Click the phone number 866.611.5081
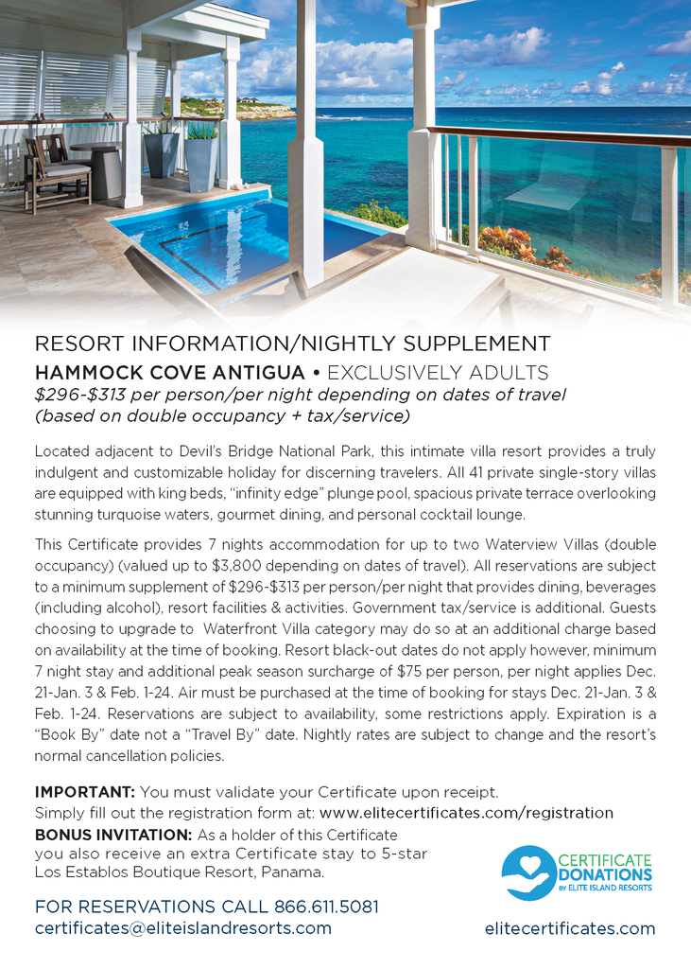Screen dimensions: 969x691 tap(326, 907)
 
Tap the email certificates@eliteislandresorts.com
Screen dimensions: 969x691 tap(183, 928)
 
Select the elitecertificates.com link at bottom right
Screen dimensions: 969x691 tap(570, 928)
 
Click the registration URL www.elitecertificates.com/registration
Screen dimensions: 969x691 tap(466, 813)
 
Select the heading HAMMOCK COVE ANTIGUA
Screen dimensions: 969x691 tap(170, 372)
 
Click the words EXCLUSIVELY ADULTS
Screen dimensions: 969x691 tap(438, 372)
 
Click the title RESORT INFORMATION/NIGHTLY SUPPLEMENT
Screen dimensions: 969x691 tap(292, 344)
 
